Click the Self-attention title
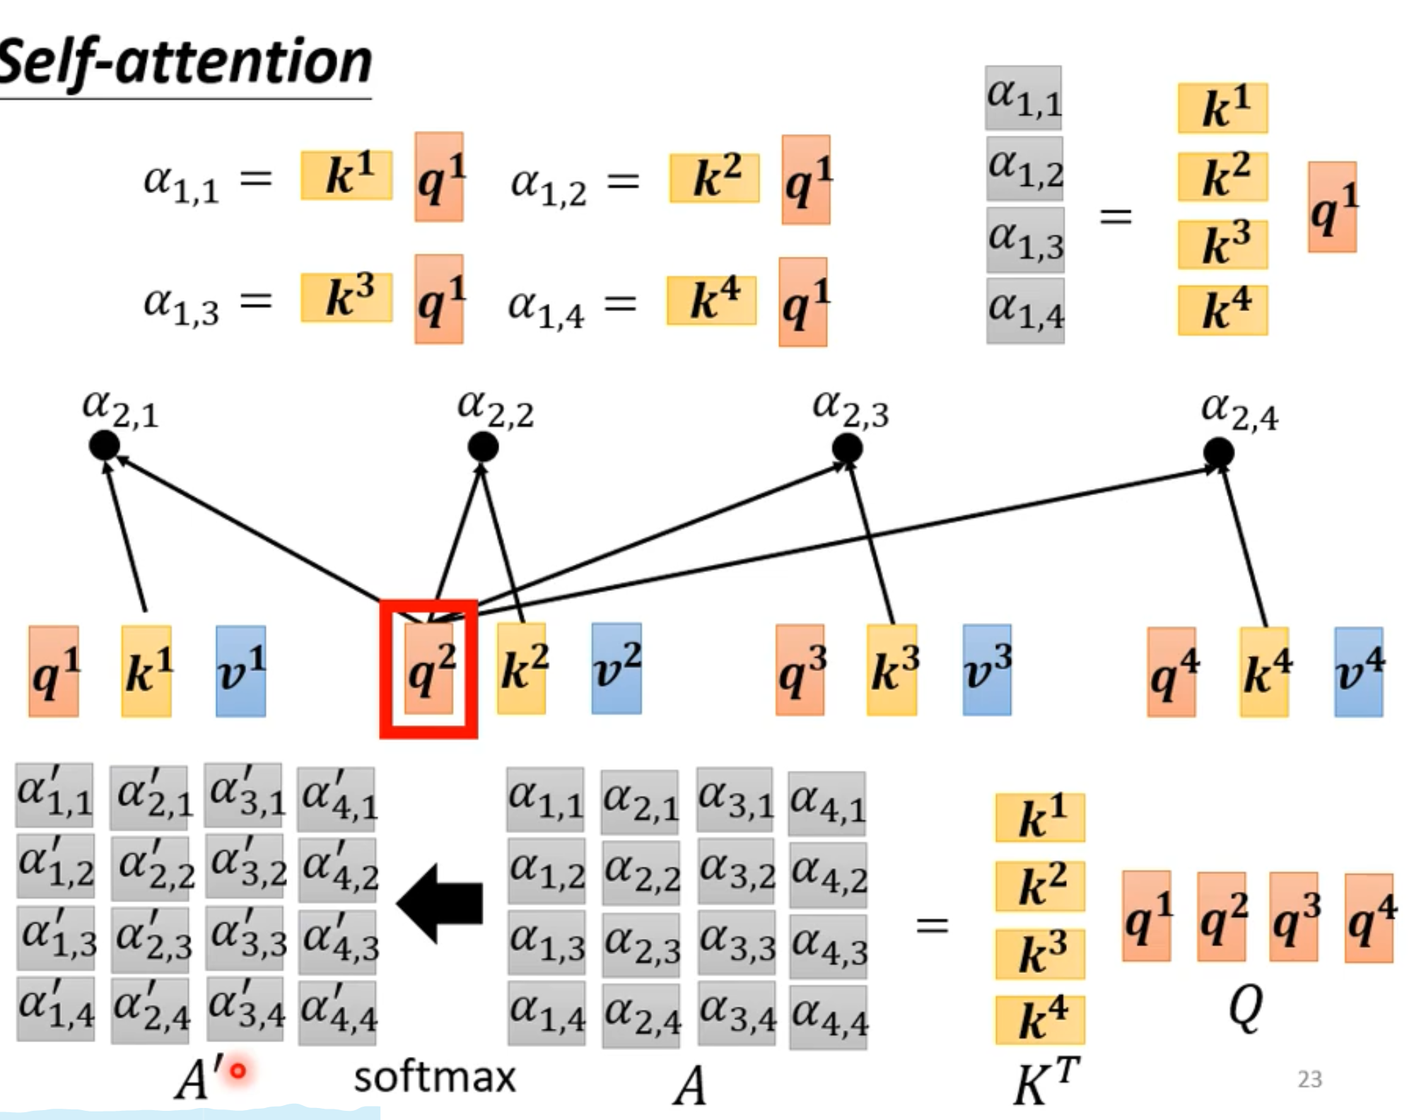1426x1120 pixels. coord(185,62)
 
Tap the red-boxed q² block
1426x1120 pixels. coord(428,669)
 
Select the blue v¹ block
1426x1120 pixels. coord(241,670)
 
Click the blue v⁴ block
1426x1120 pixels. coord(1358,672)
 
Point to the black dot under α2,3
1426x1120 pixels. coord(847,448)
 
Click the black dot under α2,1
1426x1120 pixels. coord(105,445)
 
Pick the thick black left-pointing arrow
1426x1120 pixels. coord(440,903)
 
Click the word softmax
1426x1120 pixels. coord(434,1078)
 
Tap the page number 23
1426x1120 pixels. coord(1309,1079)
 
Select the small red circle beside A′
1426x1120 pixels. coord(238,1071)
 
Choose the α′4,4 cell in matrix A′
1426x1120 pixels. coord(337,1010)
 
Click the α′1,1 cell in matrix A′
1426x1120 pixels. coord(54,795)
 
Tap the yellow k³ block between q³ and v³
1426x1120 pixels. coord(892,670)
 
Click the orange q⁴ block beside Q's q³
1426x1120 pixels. coord(1369,917)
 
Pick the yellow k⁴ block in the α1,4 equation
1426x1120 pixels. coord(711,301)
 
